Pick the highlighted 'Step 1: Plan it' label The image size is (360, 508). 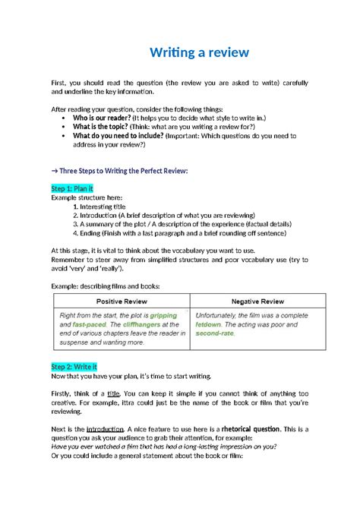[x=72, y=188]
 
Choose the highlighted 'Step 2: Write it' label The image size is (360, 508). [x=74, y=367]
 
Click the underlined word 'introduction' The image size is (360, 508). [x=105, y=428]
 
